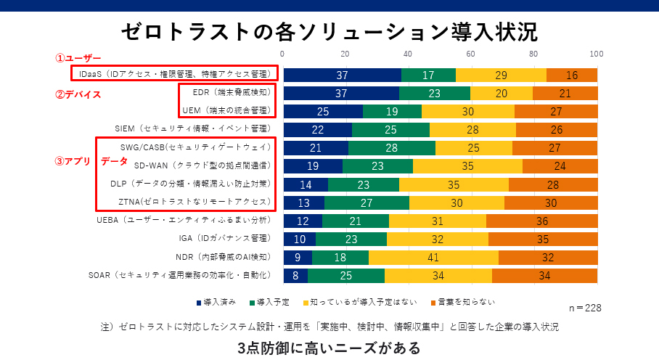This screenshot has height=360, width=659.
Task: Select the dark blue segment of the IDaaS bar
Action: click(x=342, y=75)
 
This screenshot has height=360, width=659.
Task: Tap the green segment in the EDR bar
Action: click(x=435, y=93)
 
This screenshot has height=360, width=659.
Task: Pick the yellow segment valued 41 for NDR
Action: click(x=434, y=257)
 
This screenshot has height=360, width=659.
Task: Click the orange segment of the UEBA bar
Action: click(x=541, y=221)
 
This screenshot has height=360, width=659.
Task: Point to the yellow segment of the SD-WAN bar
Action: click(x=467, y=166)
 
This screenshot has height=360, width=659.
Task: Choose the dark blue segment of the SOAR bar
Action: click(x=295, y=276)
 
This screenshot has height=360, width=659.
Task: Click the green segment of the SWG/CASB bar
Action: click(x=392, y=148)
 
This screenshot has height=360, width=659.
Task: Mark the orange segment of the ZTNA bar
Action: click(x=551, y=202)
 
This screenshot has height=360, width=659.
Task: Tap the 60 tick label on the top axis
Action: click(x=470, y=54)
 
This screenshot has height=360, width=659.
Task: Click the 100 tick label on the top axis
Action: click(x=597, y=54)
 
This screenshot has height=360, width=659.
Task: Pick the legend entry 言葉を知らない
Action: click(x=464, y=302)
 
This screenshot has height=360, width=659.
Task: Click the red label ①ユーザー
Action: click(x=79, y=58)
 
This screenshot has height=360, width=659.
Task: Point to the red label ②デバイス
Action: click(x=78, y=94)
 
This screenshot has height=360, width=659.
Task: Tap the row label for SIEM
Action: click(x=192, y=128)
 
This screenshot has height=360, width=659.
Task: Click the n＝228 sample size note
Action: click(x=584, y=308)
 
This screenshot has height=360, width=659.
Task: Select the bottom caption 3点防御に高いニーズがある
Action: click(x=329, y=348)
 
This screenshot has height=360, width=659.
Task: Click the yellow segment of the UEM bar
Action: click(x=468, y=111)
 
